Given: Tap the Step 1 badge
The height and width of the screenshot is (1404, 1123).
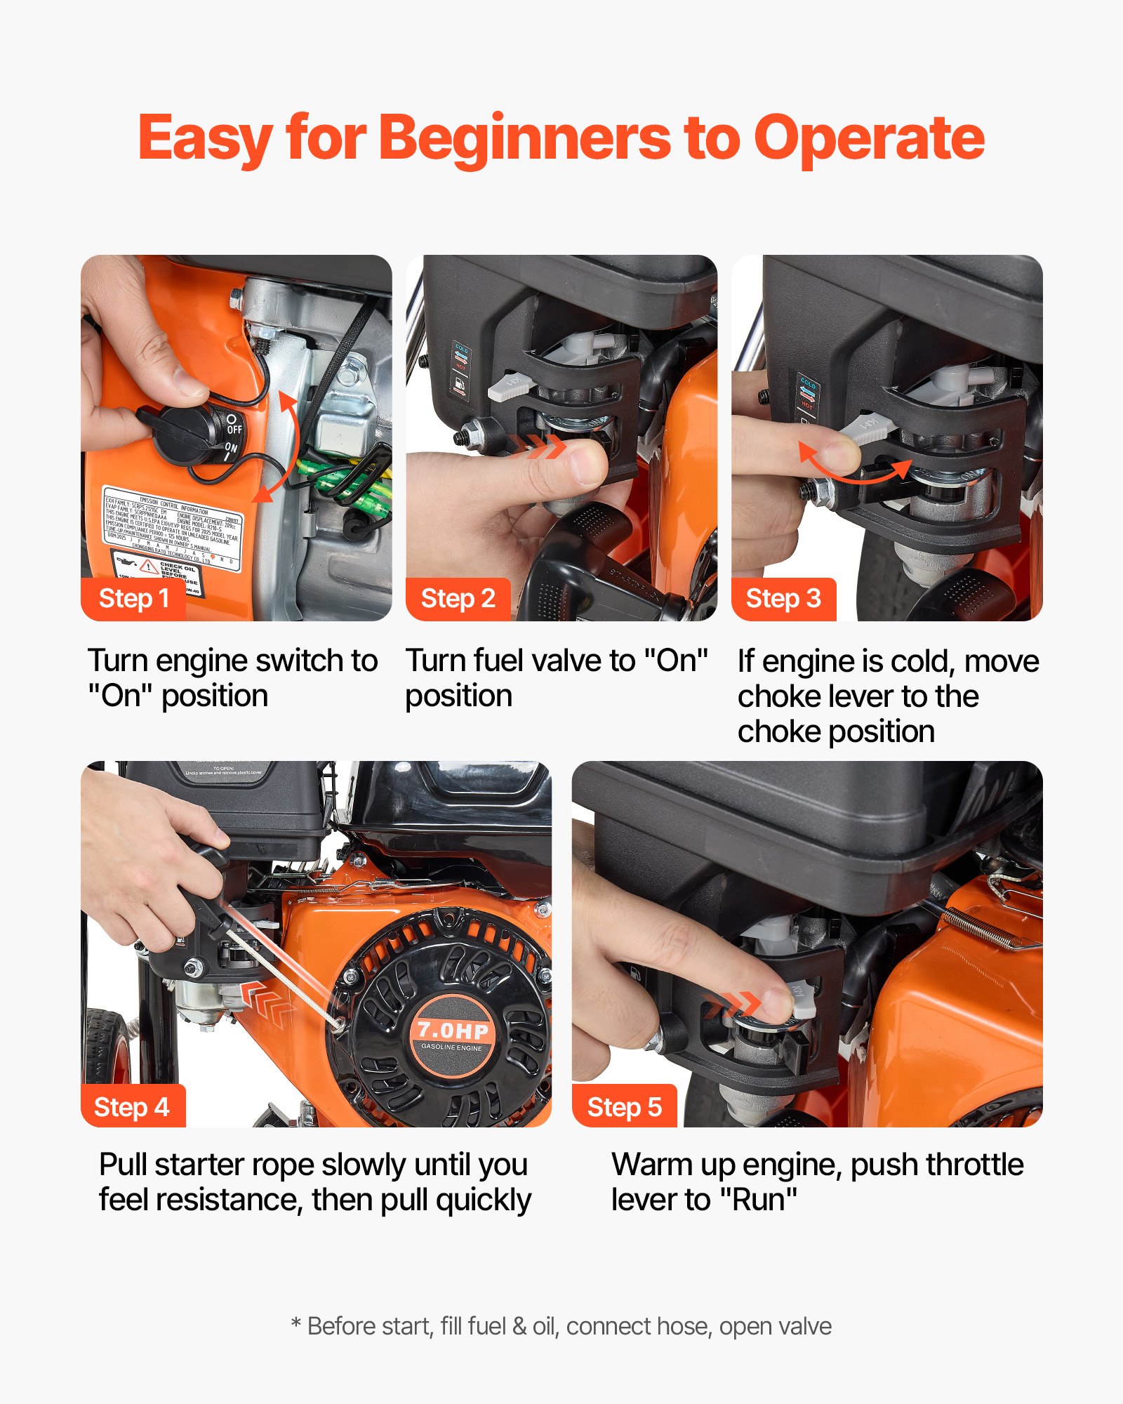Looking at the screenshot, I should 133,599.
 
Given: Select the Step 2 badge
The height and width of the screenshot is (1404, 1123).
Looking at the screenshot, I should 458,599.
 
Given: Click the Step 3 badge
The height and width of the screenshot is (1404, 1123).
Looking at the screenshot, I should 783,599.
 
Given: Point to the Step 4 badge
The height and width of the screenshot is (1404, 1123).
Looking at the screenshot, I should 131,1107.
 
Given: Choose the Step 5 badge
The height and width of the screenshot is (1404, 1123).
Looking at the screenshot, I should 624,1107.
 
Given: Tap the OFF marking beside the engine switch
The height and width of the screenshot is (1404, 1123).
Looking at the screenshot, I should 234,426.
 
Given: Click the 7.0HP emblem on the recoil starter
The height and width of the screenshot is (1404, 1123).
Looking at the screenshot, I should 453,1031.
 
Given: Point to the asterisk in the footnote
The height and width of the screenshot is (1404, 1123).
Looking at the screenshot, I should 296,1323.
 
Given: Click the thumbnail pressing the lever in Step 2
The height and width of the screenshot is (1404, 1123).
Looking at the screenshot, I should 586,463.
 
